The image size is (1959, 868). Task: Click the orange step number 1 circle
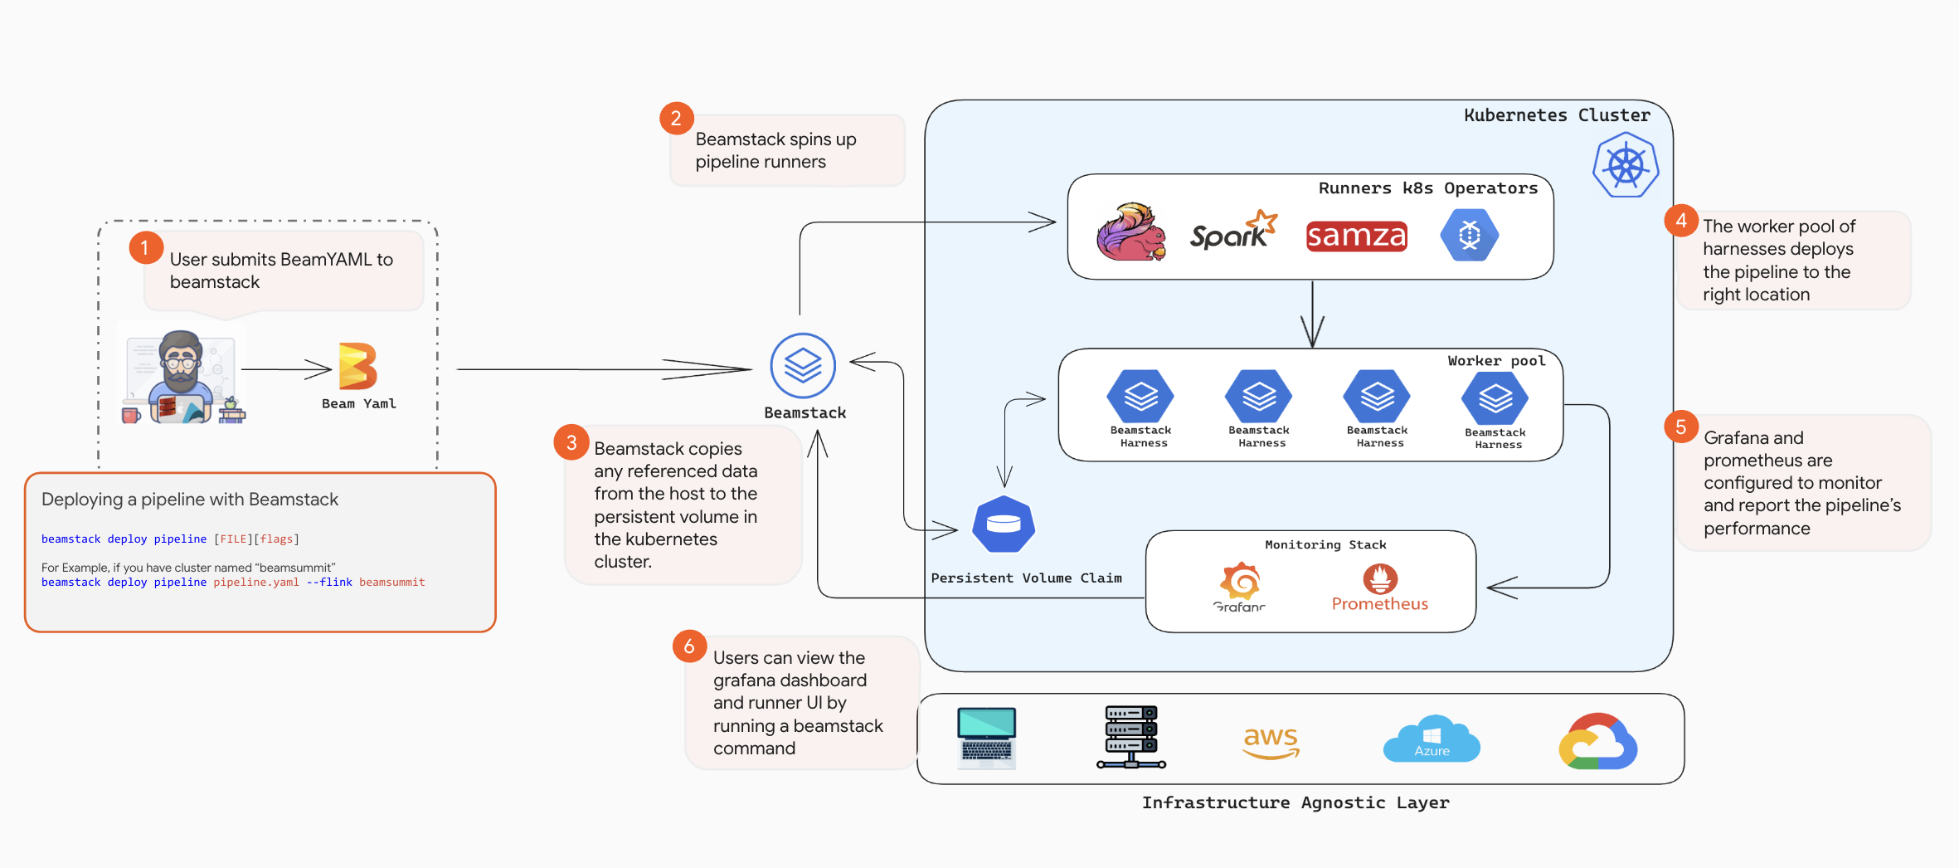pos(145,247)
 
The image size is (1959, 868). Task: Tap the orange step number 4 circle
pos(1681,221)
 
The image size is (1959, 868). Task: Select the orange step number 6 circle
pos(689,646)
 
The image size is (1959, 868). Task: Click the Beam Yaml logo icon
pos(358,366)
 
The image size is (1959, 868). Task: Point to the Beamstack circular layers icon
pos(803,365)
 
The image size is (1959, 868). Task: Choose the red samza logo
pos(1356,237)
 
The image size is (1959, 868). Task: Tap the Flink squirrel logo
pos(1130,232)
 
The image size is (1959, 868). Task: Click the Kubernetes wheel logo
pos(1626,167)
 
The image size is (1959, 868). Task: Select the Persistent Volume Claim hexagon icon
pos(1004,524)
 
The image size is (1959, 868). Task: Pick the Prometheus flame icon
pos(1380,578)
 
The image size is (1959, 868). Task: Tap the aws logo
pos(1271,741)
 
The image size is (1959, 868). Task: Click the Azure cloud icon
pos(1432,739)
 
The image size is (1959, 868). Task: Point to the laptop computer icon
pos(986,737)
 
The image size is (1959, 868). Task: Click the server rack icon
pos(1130,737)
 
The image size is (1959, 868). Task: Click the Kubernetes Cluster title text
pos(1557,115)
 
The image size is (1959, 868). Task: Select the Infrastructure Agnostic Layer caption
pos(1295,802)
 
